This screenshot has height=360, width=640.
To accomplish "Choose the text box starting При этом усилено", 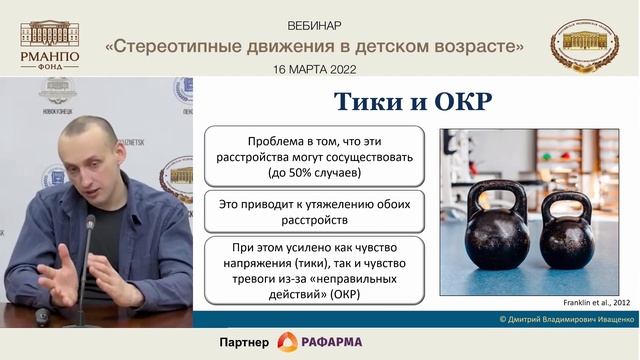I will [x=314, y=270].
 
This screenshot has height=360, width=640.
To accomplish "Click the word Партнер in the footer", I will [x=244, y=343].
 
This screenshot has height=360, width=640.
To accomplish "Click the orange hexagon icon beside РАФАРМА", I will [x=287, y=342].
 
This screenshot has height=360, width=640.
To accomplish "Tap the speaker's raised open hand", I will [x=60, y=271].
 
